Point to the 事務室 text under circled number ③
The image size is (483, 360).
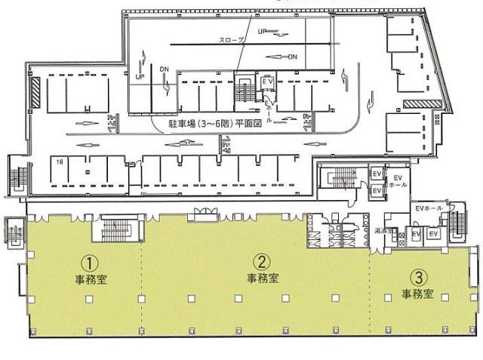417,294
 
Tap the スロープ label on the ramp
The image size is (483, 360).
230,39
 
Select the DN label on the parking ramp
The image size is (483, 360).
164,69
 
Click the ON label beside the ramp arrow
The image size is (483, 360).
294,57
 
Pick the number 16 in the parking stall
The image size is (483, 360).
58,162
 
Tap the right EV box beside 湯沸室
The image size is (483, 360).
433,235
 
